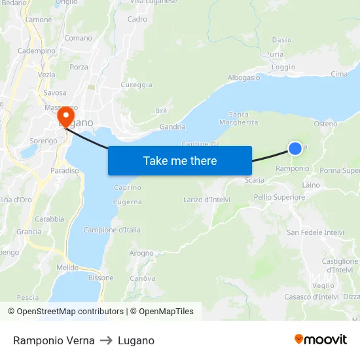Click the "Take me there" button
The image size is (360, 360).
pos(179,160)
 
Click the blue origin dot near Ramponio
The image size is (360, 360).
pos(295,149)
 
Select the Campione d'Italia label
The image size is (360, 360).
pos(112,230)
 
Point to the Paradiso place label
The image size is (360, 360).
pos(65,171)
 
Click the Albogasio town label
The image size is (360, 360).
pos(243,77)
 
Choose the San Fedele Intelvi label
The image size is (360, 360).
pos(315,232)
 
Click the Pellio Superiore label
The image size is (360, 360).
pos(279,197)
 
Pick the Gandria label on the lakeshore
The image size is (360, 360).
pos(172,126)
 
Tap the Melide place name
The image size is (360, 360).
pos(67,268)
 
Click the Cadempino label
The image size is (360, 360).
pos(37,50)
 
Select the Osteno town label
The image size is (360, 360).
pos(325,124)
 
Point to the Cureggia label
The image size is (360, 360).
pos(136,85)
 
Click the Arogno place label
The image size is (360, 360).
pos(141,253)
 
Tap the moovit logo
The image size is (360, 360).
pos(321,340)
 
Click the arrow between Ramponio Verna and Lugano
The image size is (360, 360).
pos(106,340)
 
